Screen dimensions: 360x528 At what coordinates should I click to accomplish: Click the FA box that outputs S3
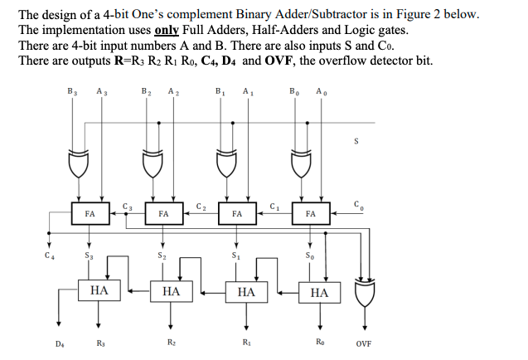point(90,213)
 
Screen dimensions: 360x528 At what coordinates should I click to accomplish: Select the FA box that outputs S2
point(163,213)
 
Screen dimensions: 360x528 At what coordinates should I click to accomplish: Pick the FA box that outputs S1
point(237,213)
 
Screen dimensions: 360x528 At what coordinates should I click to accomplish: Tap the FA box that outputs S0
point(310,213)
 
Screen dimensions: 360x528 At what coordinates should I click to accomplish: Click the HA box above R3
point(99,292)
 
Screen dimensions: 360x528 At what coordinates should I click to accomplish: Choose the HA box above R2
point(172,292)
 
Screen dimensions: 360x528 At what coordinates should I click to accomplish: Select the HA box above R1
point(246,292)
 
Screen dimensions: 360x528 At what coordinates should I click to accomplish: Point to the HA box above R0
point(319,292)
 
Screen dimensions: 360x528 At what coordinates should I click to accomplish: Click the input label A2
point(172,92)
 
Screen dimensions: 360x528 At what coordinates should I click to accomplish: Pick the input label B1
point(219,92)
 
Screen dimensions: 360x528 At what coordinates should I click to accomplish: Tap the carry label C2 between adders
point(201,205)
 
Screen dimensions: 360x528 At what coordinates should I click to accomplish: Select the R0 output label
point(319,342)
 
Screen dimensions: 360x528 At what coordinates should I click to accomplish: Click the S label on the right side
point(356,140)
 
